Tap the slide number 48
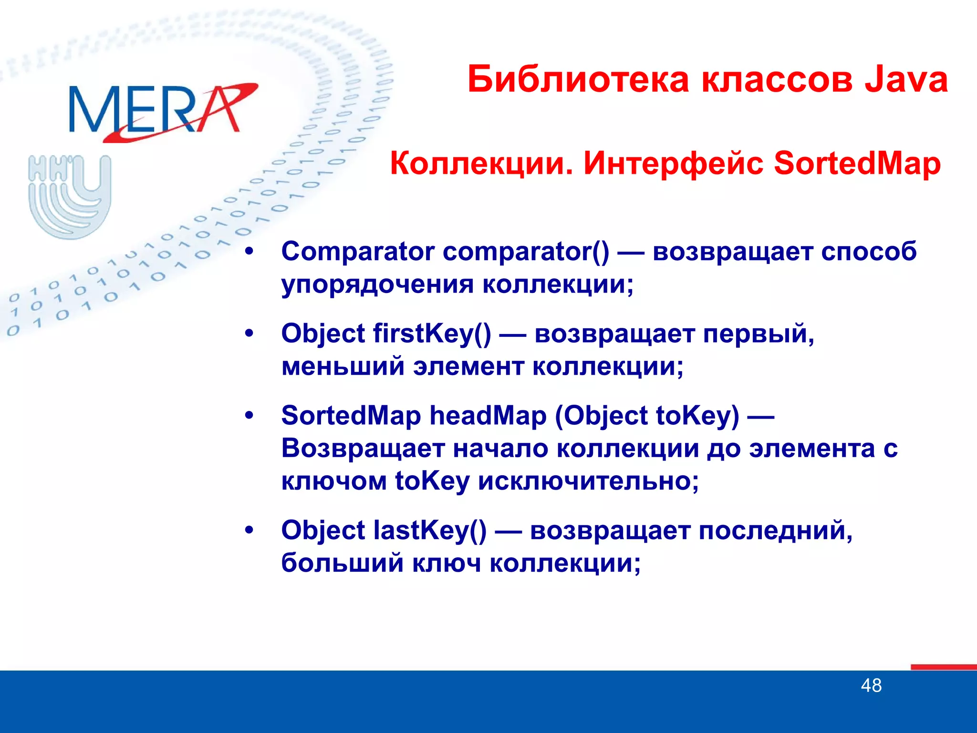coord(871,686)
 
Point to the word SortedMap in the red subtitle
coord(857,164)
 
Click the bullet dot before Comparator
coord(249,252)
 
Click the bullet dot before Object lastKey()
coord(249,531)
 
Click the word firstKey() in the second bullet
coord(432,334)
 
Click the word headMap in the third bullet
coord(488,416)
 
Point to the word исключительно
coord(588,481)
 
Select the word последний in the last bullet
coord(775,531)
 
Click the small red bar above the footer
coord(943,667)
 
